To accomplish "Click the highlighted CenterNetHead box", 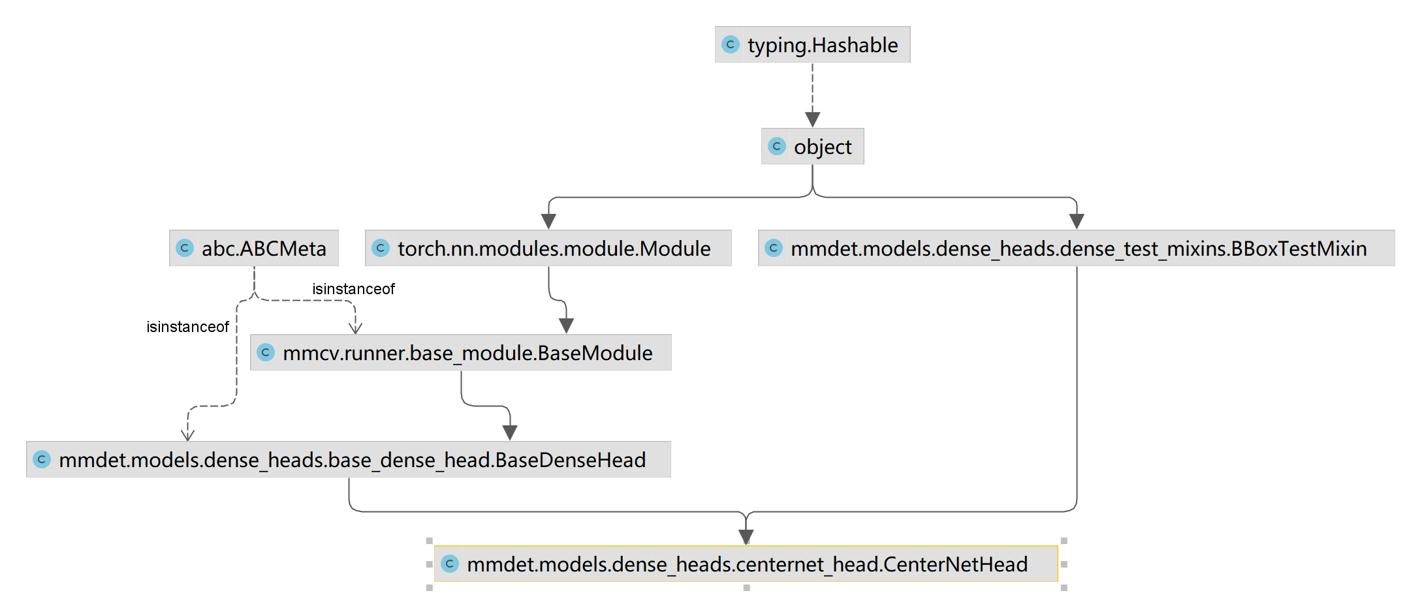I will click(x=747, y=564).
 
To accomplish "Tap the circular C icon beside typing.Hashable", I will click(x=731, y=44).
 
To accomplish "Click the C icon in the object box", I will click(x=777, y=146).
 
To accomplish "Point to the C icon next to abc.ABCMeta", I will click(x=185, y=248).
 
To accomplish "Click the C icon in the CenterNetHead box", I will click(x=450, y=564).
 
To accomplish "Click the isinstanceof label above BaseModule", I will click(x=353, y=289).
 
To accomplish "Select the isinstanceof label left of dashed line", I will click(x=187, y=327).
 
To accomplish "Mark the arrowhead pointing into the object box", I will click(x=812, y=119).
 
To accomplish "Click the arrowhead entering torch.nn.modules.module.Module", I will click(x=549, y=221).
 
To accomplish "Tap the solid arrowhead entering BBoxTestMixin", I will click(x=1077, y=221).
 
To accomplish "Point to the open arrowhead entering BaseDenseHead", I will click(x=188, y=435).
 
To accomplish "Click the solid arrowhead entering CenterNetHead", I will click(x=746, y=537).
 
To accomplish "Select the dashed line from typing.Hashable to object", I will click(x=812, y=88).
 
